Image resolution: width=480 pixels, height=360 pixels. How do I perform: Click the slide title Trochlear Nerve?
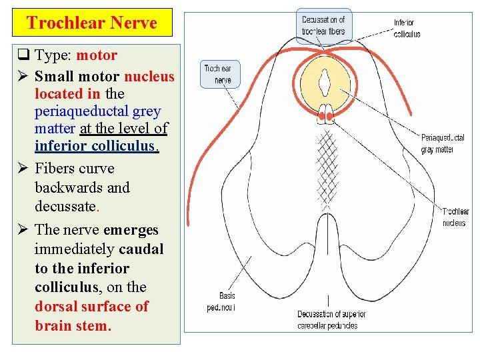[92, 23]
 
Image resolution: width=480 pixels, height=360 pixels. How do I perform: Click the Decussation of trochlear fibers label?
[323, 25]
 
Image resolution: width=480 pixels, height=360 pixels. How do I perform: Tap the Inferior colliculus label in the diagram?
[407, 28]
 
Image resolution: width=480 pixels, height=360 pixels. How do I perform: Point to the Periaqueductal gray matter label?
[443, 143]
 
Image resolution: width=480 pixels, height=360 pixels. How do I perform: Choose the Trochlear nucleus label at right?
[456, 217]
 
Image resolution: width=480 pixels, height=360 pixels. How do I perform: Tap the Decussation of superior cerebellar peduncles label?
[327, 320]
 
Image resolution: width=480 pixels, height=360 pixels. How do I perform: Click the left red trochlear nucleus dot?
[321, 118]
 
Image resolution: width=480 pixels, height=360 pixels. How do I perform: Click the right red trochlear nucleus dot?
[330, 118]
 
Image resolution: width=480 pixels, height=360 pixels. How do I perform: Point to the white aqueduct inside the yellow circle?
[325, 84]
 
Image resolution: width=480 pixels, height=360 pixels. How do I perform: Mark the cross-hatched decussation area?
[325, 167]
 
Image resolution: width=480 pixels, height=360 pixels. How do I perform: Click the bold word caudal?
[141, 249]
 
